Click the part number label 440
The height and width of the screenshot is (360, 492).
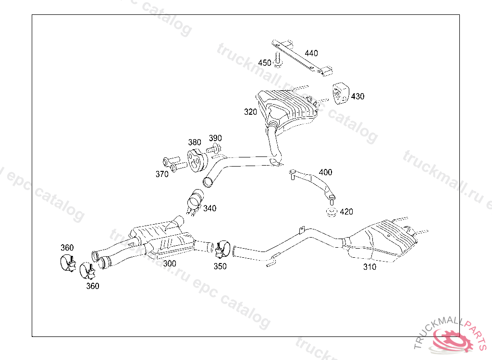tap(311, 53)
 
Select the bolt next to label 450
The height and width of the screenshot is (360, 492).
tap(278, 60)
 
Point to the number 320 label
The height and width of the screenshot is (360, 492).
tap(250, 112)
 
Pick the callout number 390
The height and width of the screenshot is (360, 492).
tap(215, 138)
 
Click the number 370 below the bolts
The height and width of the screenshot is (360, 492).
tap(162, 174)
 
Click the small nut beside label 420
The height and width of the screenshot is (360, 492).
tap(331, 212)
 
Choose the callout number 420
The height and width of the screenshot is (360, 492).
tap(346, 212)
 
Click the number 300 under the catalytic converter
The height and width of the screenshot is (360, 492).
tap(170, 264)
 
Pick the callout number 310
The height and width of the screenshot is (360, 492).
tap(370, 267)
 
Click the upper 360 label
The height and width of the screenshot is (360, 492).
tap(67, 248)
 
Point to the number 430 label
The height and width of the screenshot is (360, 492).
tap(357, 96)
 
